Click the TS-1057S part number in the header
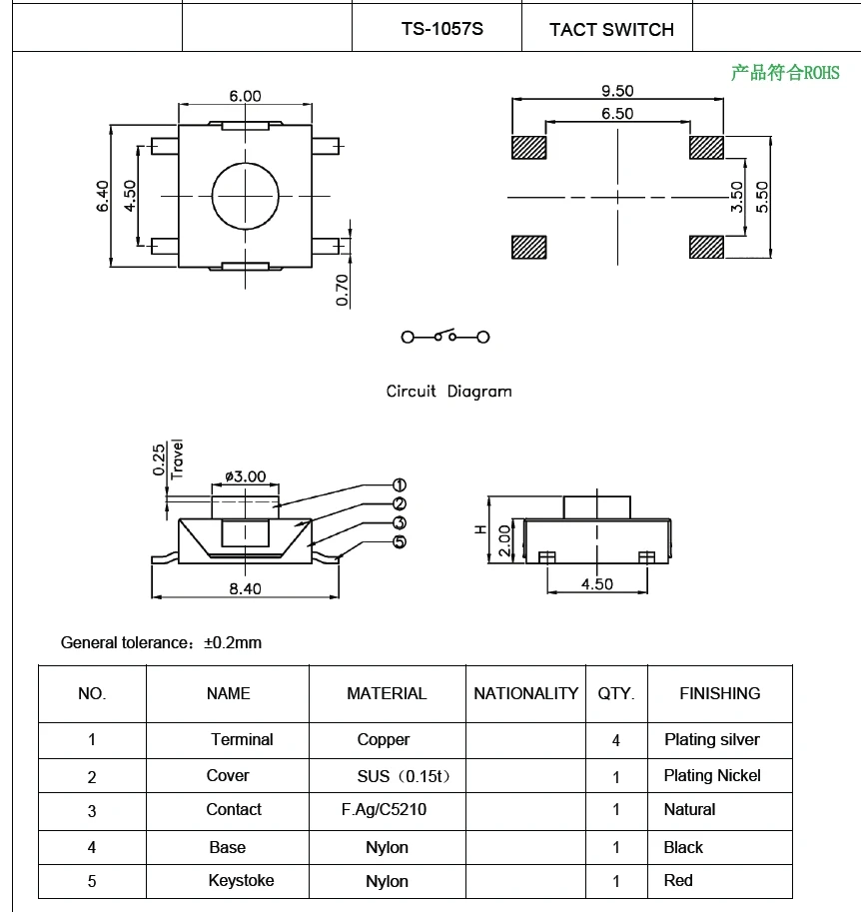441,29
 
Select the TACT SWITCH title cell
611,30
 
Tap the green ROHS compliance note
785,73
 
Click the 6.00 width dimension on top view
245,97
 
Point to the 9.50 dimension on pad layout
616,91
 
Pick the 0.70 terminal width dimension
343,289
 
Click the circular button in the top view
245,194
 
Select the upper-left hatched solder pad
528,148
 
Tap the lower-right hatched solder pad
706,247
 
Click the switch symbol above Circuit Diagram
445,337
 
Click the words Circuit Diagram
448,392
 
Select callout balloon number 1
400,485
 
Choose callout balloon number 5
400,542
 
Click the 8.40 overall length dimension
245,588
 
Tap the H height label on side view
480,529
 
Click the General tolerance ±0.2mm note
161,642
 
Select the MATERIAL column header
387,693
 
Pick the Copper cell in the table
384,740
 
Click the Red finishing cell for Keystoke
678,881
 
